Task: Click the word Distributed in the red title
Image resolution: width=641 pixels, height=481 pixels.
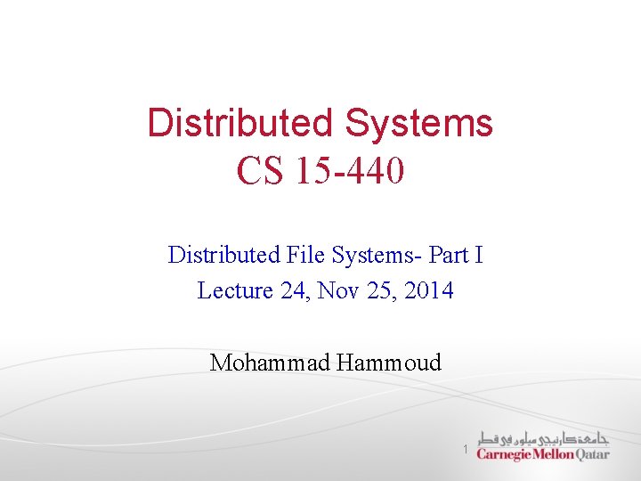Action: [x=240, y=123]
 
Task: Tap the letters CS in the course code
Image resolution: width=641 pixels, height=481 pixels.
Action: [x=258, y=170]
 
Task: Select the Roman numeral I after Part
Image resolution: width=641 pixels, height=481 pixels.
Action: [x=479, y=256]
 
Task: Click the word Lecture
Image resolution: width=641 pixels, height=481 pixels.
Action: [x=234, y=290]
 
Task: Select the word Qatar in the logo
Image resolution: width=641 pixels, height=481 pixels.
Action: [x=593, y=454]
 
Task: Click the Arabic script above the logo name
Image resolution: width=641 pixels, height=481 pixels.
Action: [x=543, y=438]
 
